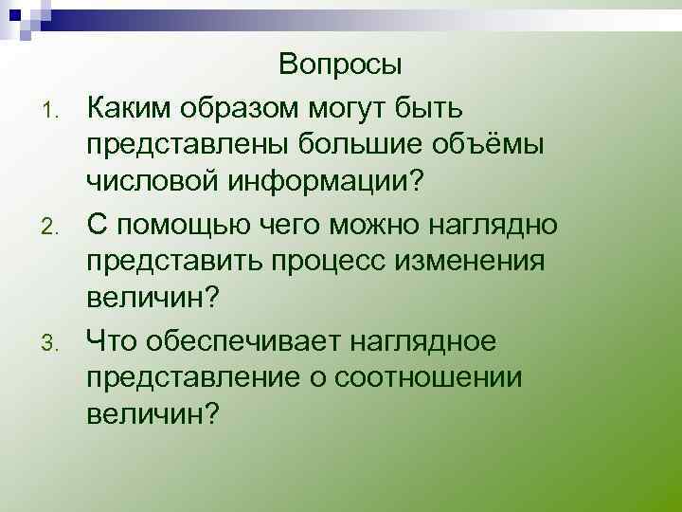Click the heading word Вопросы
341,65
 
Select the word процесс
359,261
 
